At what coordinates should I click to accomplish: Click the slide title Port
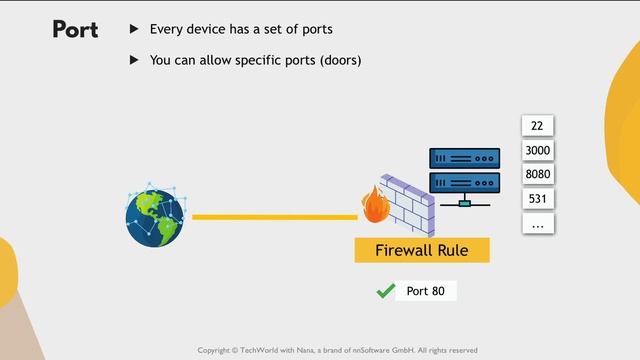click(x=75, y=30)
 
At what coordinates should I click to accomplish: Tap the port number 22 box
click(x=537, y=125)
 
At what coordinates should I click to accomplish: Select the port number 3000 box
click(x=537, y=150)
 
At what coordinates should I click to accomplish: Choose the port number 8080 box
click(x=537, y=175)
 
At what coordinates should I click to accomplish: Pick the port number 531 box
click(x=537, y=199)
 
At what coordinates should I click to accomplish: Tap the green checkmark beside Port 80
click(x=384, y=291)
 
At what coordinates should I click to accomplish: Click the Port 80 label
click(x=425, y=291)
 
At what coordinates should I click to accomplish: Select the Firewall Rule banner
click(x=420, y=250)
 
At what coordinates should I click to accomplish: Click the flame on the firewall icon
click(x=376, y=208)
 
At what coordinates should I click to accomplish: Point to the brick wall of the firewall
click(x=410, y=205)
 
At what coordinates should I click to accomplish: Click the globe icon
click(x=155, y=215)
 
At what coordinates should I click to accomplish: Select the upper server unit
click(x=464, y=158)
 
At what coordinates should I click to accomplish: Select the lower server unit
click(x=464, y=182)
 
